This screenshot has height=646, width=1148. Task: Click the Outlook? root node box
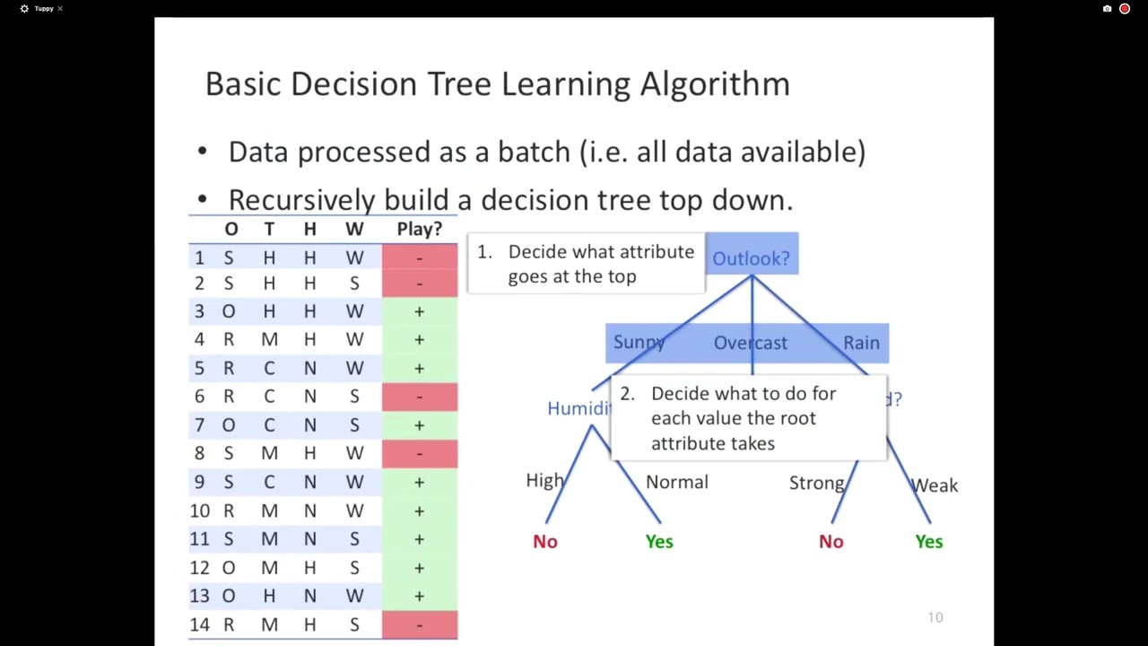(752, 258)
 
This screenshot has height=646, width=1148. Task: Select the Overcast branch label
(751, 343)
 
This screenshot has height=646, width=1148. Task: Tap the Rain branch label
(861, 343)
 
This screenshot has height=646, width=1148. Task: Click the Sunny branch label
(639, 343)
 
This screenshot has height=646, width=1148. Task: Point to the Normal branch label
(677, 482)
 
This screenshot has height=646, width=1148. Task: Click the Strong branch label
(816, 483)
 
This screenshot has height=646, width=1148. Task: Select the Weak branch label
(935, 485)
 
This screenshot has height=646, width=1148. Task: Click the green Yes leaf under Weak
(929, 541)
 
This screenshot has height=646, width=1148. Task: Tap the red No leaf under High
(545, 541)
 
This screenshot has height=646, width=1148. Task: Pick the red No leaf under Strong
(831, 541)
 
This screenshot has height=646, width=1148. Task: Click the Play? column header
(419, 229)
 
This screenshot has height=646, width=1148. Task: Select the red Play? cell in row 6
(419, 397)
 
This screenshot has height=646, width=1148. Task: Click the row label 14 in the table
(199, 624)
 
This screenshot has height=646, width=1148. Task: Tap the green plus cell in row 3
(419, 311)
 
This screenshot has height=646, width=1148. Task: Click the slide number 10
(935, 617)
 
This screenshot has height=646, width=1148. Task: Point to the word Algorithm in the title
(715, 83)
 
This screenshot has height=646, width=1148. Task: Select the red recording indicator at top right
(1125, 9)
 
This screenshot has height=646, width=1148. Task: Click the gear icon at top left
(24, 9)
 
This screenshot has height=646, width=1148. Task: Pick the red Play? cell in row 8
(419, 453)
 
